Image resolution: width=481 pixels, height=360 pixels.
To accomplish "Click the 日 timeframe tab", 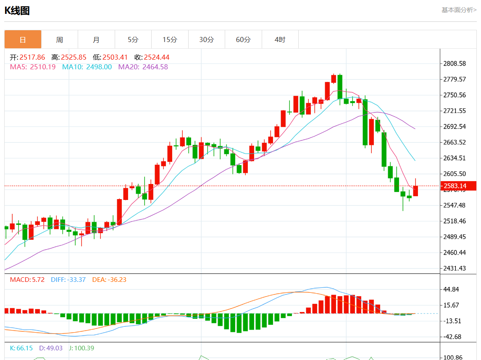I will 23,40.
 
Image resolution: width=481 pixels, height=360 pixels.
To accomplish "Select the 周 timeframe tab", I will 60,40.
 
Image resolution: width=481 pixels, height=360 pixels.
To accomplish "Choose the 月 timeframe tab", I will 96,40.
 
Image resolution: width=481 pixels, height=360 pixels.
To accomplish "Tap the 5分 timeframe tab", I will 133,40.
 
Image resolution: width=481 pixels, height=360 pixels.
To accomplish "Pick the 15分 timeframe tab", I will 170,40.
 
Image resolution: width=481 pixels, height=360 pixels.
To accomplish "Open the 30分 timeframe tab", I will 206,40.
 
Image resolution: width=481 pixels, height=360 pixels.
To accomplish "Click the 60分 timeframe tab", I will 243,40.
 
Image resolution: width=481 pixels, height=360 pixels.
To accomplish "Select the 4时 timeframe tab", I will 280,40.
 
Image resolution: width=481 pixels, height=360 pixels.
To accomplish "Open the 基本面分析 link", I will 459,10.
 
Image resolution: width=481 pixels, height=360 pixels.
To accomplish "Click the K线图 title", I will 17,11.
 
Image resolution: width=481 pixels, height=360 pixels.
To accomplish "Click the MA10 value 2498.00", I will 99,67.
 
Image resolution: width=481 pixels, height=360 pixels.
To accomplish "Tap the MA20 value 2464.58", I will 155,67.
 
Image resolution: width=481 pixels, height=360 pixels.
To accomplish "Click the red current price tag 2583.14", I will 458,186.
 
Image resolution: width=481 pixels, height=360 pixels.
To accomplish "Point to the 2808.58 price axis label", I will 455,64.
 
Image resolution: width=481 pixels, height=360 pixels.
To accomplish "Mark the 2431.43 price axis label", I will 455,268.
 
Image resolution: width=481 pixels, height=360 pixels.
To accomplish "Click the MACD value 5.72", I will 38,280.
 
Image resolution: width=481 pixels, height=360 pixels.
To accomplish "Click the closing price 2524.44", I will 157,58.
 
